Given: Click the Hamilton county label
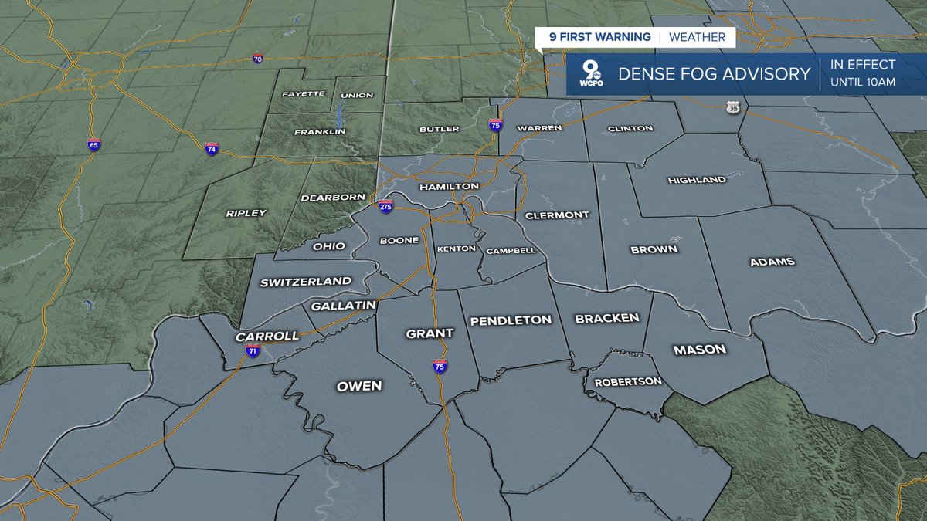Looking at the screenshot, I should (449, 187).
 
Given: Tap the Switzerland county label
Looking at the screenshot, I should (305, 282).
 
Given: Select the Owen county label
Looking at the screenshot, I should (359, 386).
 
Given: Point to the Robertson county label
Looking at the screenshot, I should (627, 381).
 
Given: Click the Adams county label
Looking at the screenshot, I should (772, 262).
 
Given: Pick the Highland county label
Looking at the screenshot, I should (696, 180).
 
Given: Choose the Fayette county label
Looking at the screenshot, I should (303, 94).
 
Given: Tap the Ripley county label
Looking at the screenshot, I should (246, 213).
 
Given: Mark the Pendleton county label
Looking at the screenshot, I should (511, 320).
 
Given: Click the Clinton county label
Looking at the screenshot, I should (630, 128).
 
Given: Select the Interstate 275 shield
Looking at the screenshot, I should (385, 207).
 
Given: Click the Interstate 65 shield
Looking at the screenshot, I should (93, 145).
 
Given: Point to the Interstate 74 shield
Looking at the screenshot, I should (211, 147).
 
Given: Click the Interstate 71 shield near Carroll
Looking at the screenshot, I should (253, 350).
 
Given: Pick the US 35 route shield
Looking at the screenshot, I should (733, 108).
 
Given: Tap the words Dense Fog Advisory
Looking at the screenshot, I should (714, 75).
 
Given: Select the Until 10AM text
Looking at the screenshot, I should (863, 82).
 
